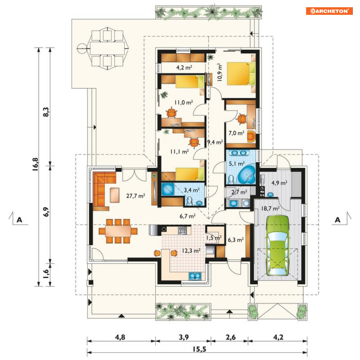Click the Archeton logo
pos(329,11)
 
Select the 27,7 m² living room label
pos(135,196)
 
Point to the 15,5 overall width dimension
pos(199,349)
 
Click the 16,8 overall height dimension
pos(35,164)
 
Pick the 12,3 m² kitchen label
pos(191,250)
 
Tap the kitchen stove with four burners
pos(182,230)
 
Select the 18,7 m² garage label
pos(270,208)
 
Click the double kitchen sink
pos(195,276)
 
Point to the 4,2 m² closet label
pos(184,68)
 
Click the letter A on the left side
pos(20,220)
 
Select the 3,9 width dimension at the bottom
pos(184,337)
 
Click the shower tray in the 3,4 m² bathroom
pos(168,189)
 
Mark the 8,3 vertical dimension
pos(46,112)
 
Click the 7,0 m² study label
pos(236,133)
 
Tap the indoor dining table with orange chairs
pos(118,231)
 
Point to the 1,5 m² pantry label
pos(214,237)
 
